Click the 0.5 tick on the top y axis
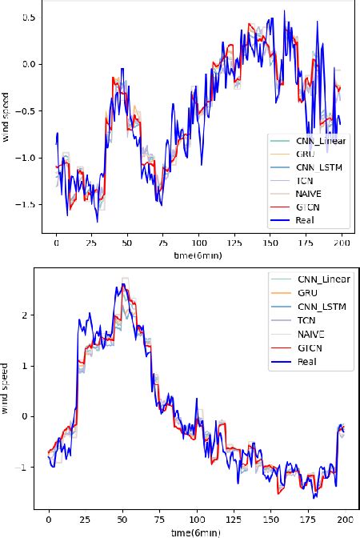[30, 17]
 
